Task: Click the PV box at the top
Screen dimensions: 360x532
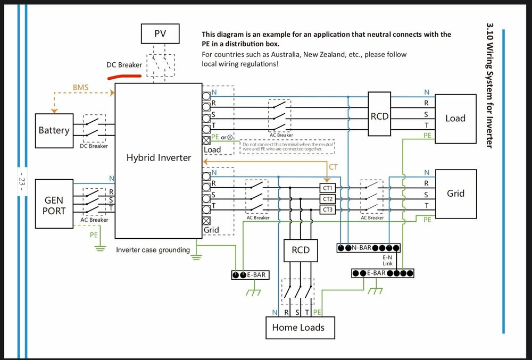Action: point(161,34)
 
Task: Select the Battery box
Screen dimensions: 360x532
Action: point(54,130)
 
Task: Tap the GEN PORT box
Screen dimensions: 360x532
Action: point(54,205)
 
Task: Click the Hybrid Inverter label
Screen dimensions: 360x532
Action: point(159,158)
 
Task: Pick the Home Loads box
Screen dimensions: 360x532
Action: point(300,327)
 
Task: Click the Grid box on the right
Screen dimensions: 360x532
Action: point(455,194)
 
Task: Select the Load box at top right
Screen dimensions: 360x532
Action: point(455,118)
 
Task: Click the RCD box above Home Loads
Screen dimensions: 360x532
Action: point(301,250)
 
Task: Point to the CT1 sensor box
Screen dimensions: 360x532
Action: point(328,188)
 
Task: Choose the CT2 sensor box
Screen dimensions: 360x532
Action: point(328,199)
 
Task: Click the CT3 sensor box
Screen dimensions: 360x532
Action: point(328,210)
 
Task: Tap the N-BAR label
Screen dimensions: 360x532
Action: point(361,248)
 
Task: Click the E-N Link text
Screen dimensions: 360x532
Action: point(387,260)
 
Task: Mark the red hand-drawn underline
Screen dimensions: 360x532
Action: point(124,77)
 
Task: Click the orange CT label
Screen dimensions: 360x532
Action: point(334,167)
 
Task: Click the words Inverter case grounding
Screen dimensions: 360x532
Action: point(153,250)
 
